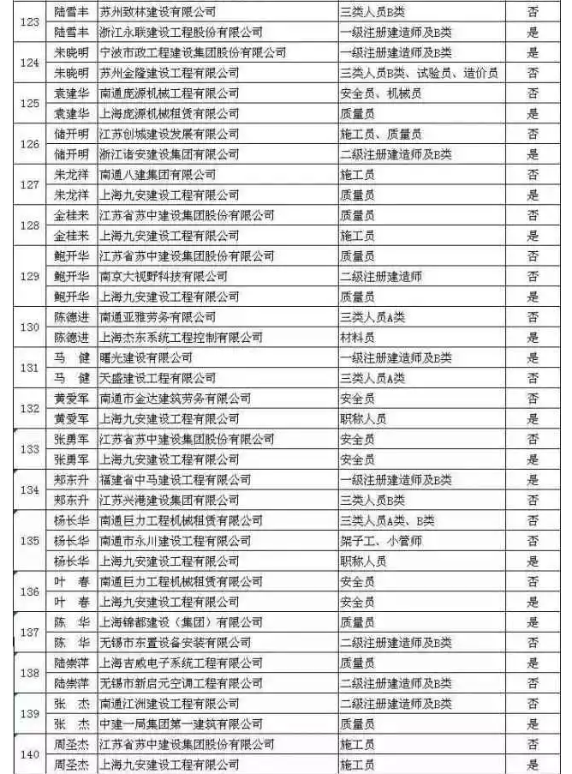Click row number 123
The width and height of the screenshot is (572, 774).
28,22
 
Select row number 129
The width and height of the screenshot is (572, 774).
28,276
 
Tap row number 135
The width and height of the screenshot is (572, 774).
28,541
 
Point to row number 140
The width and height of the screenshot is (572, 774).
28,755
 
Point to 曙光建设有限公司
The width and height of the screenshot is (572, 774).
146,357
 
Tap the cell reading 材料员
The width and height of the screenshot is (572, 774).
357,338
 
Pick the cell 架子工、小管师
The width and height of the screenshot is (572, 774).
381,541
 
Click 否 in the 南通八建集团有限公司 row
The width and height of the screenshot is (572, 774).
533,175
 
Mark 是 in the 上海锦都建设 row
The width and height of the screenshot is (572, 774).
533,622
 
